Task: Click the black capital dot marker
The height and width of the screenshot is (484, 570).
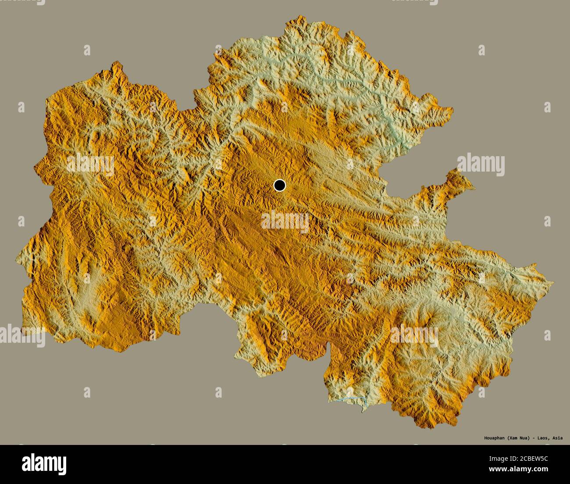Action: [279, 186]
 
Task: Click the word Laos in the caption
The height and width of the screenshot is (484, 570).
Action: [542, 437]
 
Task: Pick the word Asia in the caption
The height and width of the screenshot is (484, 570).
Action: [557, 437]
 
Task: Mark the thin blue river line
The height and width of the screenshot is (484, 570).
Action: [353, 399]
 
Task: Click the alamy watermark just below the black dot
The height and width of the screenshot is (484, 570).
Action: [285, 222]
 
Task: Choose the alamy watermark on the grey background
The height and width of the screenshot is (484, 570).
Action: [481, 165]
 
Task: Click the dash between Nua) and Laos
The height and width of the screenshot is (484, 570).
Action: [533, 437]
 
